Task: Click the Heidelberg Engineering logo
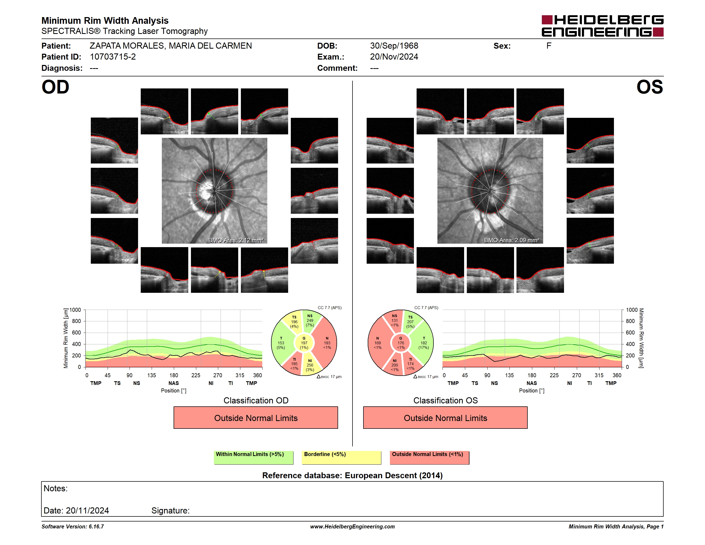tap(602, 26)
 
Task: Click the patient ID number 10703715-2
tap(113, 57)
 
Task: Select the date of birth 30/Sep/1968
tap(394, 46)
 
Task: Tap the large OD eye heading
tap(56, 87)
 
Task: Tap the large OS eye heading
tap(649, 87)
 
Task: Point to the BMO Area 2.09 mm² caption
tap(511, 240)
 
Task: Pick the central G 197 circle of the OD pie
tap(304, 343)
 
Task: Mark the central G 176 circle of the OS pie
tap(401, 343)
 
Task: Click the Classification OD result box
tap(256, 418)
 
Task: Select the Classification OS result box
tap(445, 418)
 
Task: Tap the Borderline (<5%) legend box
tap(341, 457)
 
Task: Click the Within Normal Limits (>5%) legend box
tap(253, 457)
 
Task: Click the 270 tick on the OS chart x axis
tap(576, 375)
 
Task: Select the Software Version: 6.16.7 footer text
tap(73, 527)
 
